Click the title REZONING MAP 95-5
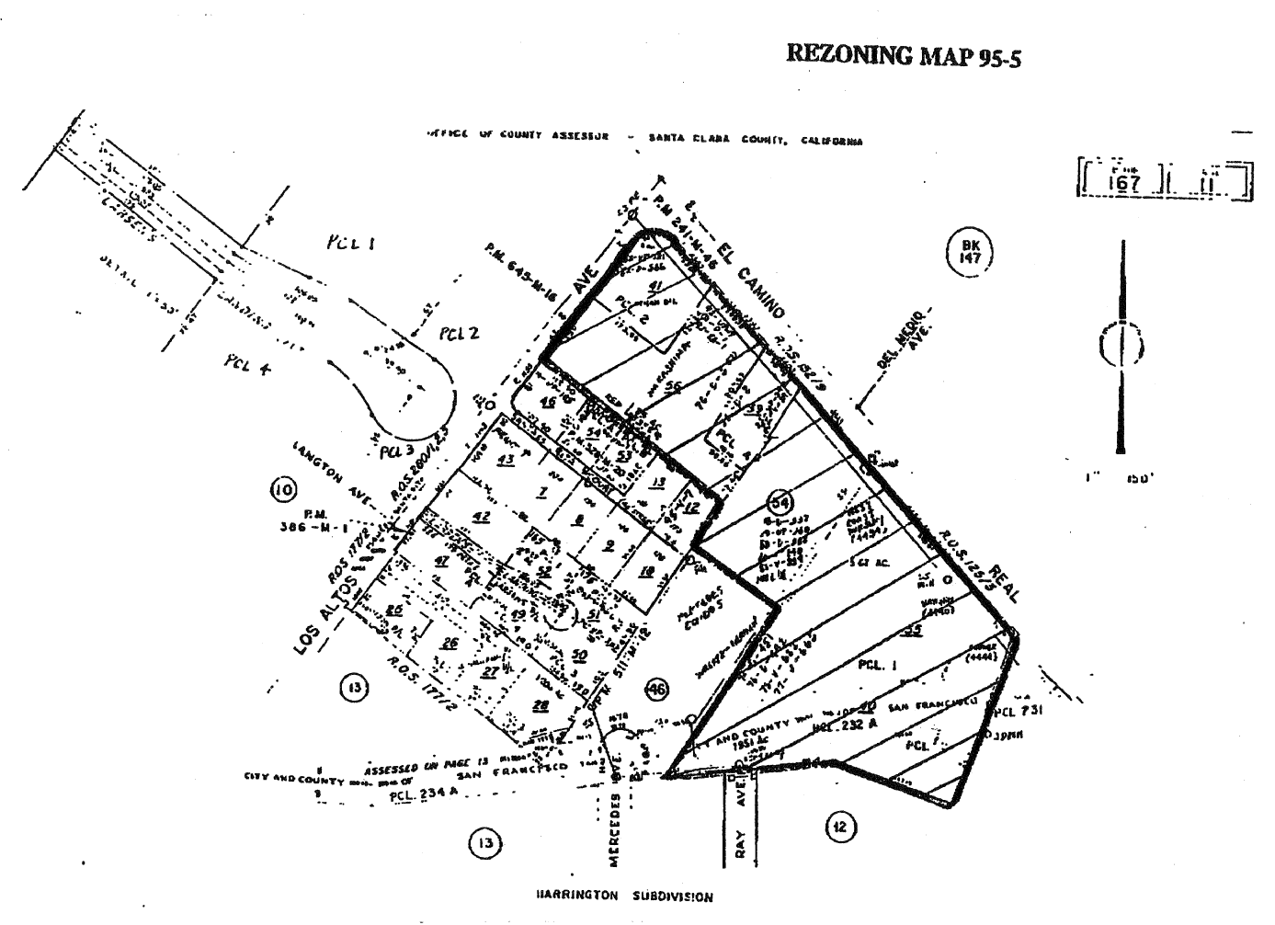[x=904, y=56]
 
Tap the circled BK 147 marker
[x=971, y=251]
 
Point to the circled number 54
[x=781, y=502]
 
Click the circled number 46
[x=655, y=689]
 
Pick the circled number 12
[x=838, y=828]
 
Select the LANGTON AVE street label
[x=333, y=474]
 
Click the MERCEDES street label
[x=614, y=828]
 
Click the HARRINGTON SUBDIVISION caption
[x=623, y=896]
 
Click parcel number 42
[x=480, y=517]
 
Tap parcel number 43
[x=505, y=460]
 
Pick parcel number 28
[x=540, y=705]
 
